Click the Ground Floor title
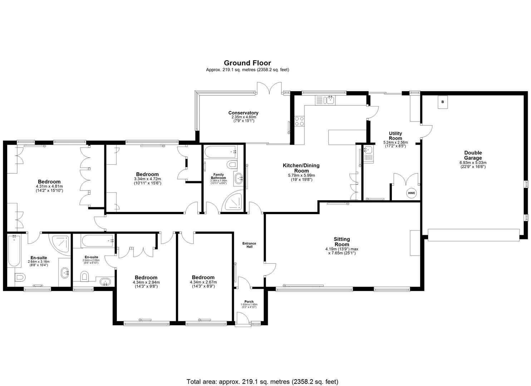[247, 63]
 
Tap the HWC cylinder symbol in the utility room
[411, 193]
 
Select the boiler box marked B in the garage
[443, 102]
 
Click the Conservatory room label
[243, 113]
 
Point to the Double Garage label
[473, 155]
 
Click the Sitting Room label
[342, 242]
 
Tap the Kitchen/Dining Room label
[301, 168]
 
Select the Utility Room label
[395, 136]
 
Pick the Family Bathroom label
[218, 176]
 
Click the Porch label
[249, 302]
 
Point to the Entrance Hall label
[249, 245]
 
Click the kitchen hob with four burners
[299, 122]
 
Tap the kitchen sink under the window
[329, 100]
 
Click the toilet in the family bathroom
[232, 165]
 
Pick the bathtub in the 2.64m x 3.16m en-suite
[14, 251]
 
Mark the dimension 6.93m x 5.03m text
[473, 163]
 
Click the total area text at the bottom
[262, 382]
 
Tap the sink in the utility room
[368, 150]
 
